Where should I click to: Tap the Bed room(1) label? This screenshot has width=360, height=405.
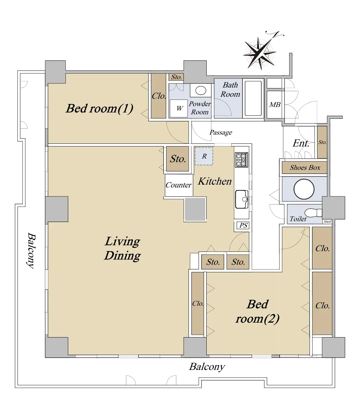(x=99, y=108)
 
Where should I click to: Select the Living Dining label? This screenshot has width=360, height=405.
(x=122, y=248)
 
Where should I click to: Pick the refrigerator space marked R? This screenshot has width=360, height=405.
(x=204, y=156)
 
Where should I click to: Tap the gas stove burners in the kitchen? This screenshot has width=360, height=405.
(x=241, y=160)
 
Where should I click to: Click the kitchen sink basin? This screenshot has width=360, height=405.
(x=242, y=199)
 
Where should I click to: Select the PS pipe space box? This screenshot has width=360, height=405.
(x=243, y=225)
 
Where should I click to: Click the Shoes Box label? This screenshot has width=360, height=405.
(x=305, y=167)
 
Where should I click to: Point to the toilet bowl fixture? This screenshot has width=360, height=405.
(x=313, y=213)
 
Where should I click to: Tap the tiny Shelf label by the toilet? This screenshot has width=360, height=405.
(x=328, y=221)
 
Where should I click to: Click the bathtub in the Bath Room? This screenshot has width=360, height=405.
(x=253, y=98)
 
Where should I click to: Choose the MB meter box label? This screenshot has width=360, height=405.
(x=275, y=105)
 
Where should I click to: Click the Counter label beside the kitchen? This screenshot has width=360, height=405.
(x=179, y=185)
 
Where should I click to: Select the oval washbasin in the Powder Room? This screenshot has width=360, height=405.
(x=201, y=90)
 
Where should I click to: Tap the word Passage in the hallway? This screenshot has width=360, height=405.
(x=221, y=132)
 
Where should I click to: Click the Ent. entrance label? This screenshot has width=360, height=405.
(x=301, y=143)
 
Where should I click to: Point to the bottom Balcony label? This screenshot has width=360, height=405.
(x=207, y=367)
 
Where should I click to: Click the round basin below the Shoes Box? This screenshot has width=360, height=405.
(x=304, y=189)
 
